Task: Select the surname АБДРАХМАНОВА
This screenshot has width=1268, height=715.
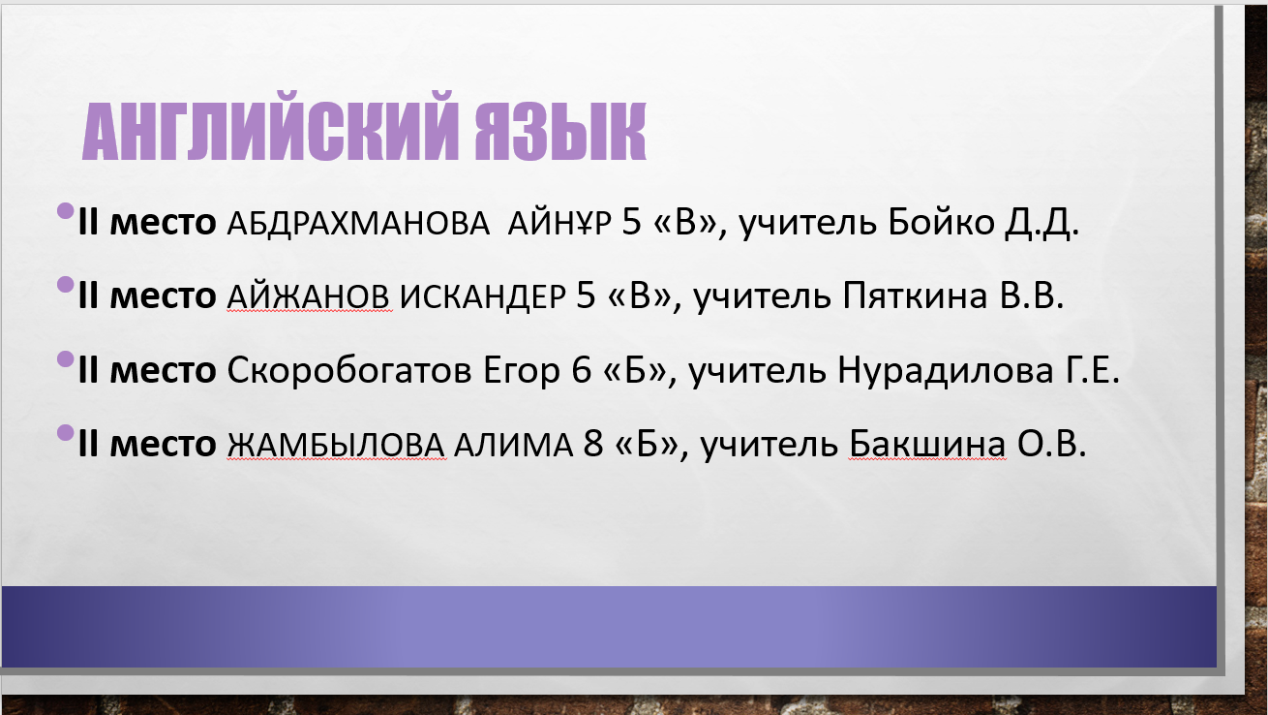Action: (358, 223)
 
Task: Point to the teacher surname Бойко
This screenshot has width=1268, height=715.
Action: (941, 222)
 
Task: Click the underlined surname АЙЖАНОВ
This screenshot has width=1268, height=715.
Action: (309, 296)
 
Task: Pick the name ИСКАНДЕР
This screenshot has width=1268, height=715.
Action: (483, 296)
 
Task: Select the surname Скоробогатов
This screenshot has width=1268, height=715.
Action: (349, 370)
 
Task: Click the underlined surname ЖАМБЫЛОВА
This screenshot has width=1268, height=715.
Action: (337, 445)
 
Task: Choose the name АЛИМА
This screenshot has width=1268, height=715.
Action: (513, 445)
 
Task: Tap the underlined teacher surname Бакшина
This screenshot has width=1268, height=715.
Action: (927, 444)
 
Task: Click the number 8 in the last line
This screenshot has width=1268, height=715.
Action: (593, 444)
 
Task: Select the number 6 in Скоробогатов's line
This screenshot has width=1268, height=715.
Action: (582, 370)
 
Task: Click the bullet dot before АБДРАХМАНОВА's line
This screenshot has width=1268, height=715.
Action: (66, 211)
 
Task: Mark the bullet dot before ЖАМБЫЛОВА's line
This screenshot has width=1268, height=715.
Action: (66, 433)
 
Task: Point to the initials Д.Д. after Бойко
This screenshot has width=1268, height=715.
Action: (1042, 223)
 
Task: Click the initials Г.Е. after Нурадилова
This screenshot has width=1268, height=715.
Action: (1093, 370)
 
